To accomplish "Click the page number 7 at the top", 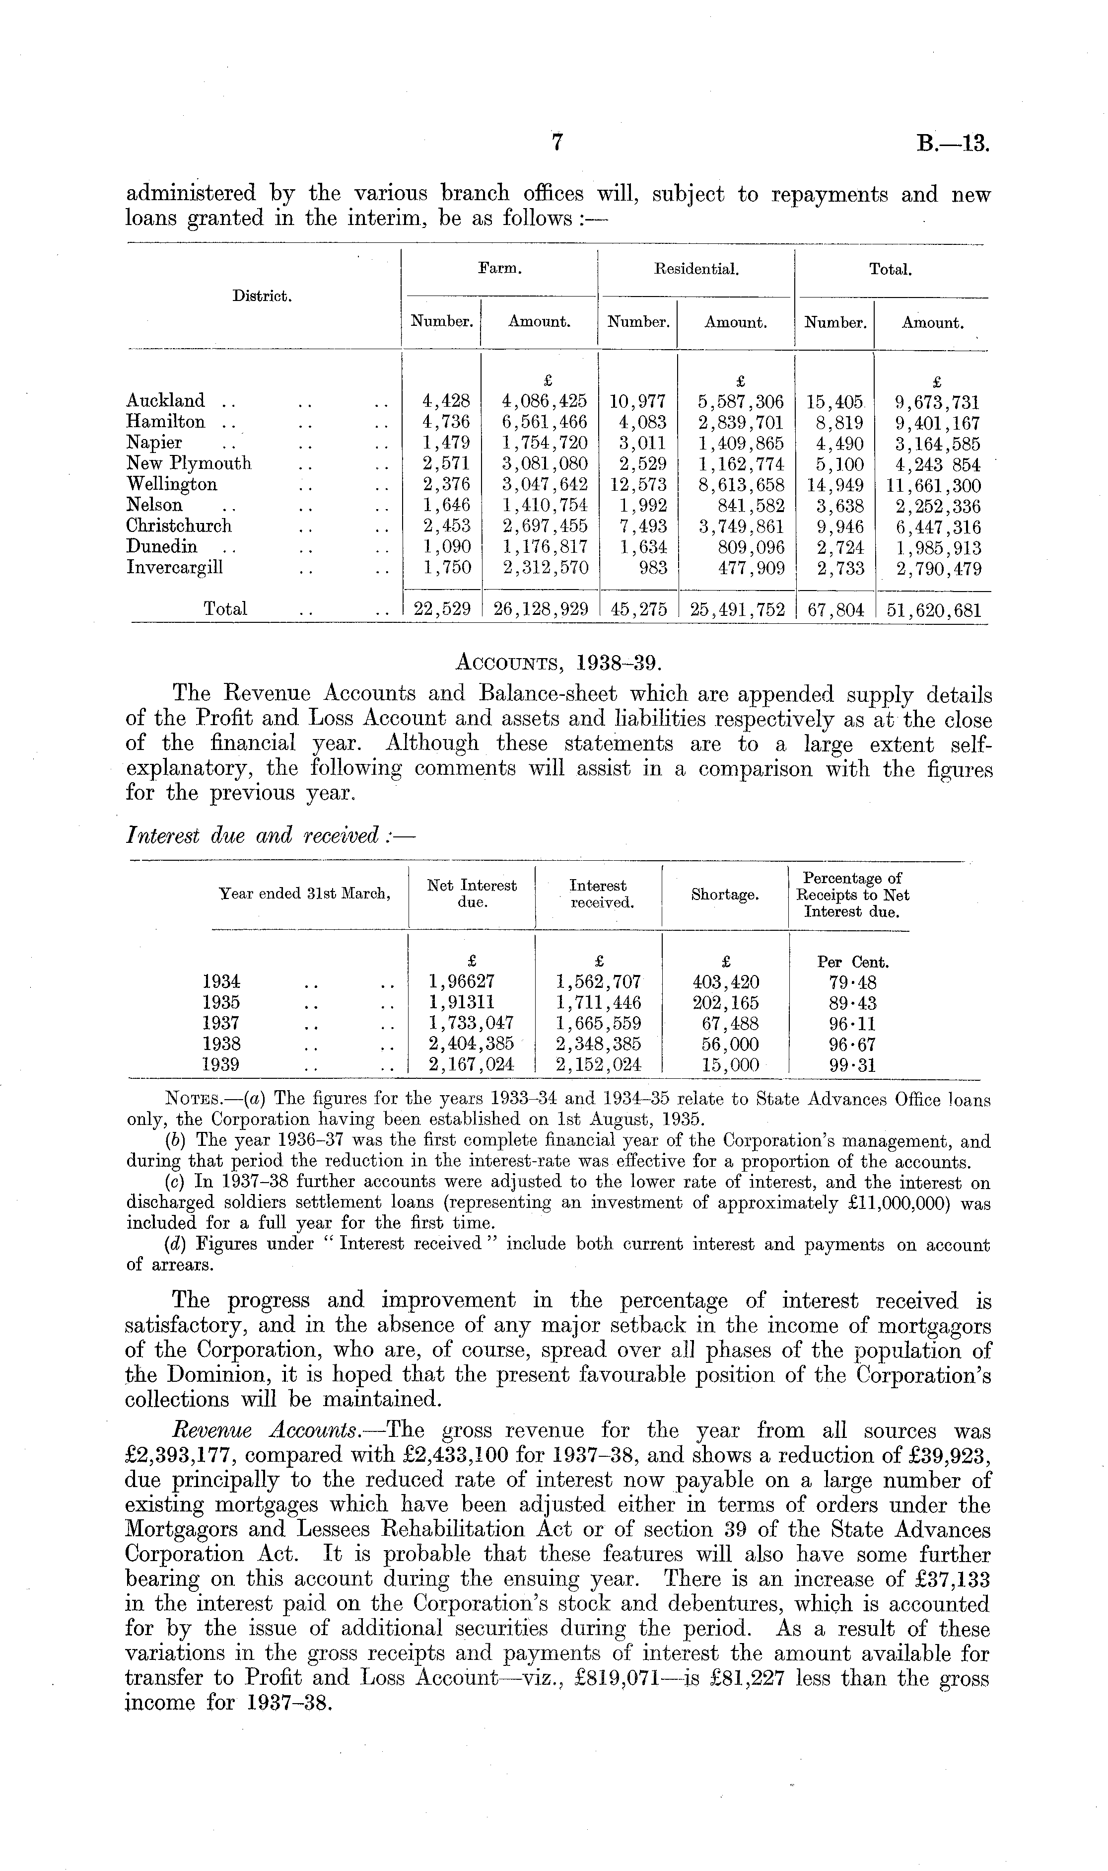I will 556,143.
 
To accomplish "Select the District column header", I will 261,296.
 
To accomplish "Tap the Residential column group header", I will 696,270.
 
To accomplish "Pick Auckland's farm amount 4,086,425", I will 544,401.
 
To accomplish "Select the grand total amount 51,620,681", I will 933,609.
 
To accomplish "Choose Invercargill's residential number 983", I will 653,568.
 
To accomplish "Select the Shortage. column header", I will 725,895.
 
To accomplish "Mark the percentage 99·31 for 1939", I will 853,1065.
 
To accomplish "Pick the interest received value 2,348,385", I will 598,1044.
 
